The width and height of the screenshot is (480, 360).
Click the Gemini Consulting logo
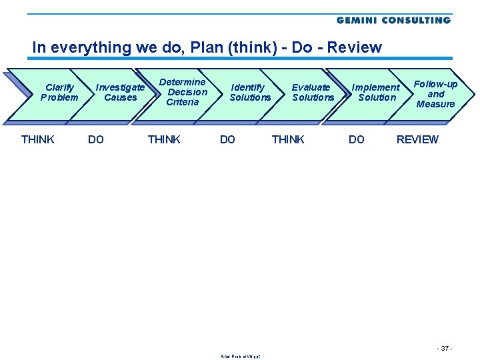(393, 21)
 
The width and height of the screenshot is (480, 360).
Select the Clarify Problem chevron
(59, 93)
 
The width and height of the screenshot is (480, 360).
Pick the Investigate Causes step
(120, 93)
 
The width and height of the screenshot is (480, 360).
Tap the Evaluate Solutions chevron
(312, 93)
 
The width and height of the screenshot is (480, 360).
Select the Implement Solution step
(376, 93)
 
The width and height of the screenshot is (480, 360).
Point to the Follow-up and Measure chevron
(435, 94)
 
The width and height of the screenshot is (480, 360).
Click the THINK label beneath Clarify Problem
(38, 139)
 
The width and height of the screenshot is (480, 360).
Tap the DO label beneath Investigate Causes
(96, 139)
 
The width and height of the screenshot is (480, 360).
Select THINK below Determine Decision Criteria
(164, 139)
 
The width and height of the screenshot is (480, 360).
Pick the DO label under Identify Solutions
(227, 139)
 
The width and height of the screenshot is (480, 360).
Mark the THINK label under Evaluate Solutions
(288, 139)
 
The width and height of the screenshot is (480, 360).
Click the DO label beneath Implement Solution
(357, 139)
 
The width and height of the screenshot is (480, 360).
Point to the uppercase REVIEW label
(417, 139)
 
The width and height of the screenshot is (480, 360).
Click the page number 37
(445, 349)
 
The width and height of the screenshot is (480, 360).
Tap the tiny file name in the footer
(240, 356)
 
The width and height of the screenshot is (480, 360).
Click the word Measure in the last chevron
(435, 104)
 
